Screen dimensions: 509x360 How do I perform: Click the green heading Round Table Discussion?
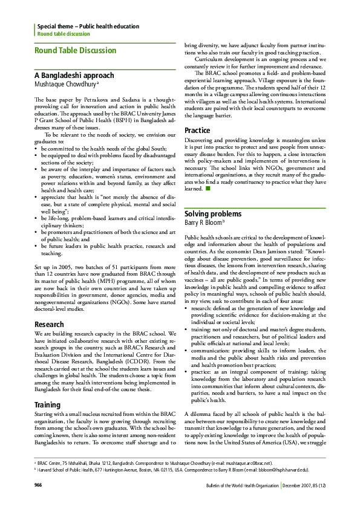point(75,50)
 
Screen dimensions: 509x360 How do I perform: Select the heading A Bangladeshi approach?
point(73,76)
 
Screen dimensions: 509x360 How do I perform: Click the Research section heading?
point(50,325)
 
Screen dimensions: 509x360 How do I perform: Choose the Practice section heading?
point(197,131)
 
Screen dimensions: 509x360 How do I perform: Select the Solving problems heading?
point(213,214)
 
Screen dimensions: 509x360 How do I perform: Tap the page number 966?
point(38,485)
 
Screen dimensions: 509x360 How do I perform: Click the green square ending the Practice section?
point(208,189)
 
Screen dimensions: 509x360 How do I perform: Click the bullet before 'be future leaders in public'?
point(36,247)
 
